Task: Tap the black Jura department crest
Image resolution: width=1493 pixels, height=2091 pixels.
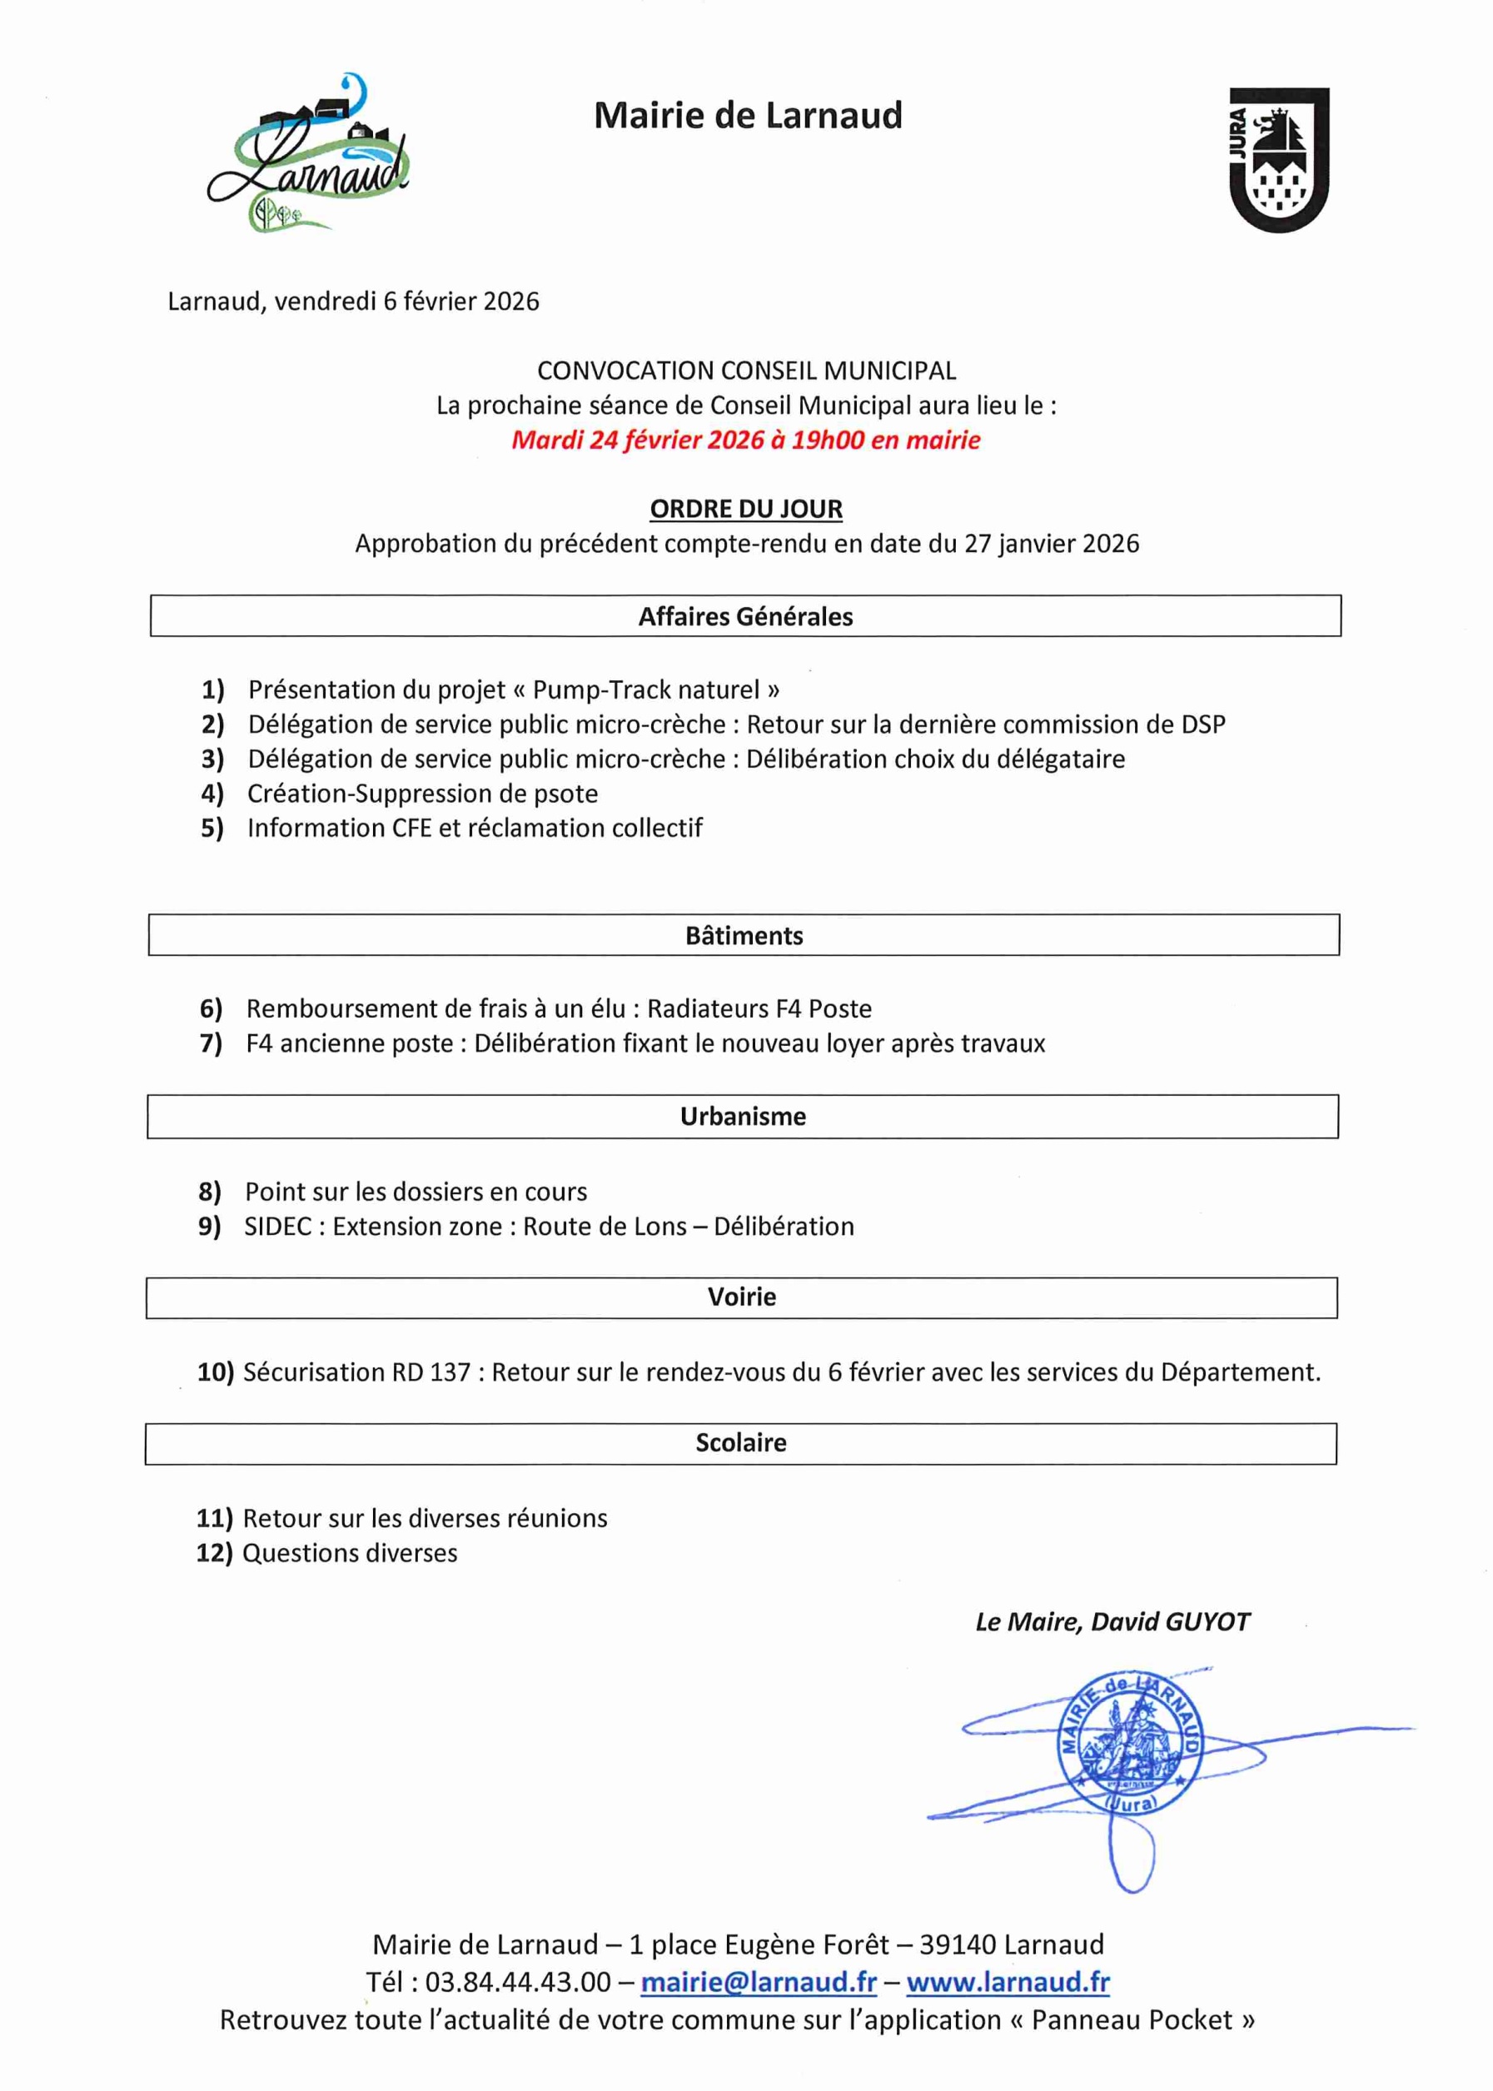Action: [1279, 159]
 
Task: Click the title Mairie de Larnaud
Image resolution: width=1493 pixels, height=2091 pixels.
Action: [748, 116]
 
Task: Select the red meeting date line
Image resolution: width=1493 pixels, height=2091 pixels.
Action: [745, 441]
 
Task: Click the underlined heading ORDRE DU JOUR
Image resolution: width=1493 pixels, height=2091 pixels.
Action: [745, 509]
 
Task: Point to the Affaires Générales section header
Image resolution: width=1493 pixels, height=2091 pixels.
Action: [745, 616]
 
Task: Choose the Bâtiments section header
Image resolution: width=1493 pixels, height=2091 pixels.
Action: [744, 936]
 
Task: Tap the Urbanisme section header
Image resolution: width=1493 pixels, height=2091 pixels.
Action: [743, 1116]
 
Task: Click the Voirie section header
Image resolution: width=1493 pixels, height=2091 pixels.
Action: [742, 1297]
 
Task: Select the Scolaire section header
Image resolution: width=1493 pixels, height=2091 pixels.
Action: [741, 1442]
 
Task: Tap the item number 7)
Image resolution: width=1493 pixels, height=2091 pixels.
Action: [211, 1043]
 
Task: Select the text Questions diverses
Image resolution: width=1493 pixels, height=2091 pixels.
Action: [350, 1552]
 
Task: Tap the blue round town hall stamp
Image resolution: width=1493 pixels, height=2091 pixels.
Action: [1129, 1743]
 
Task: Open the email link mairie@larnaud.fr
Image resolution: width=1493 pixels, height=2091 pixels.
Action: [759, 1982]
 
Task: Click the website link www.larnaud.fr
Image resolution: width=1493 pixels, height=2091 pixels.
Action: [1008, 1982]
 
